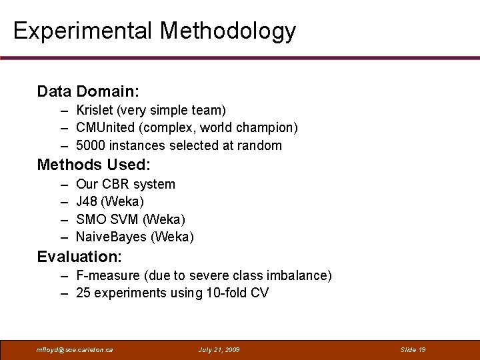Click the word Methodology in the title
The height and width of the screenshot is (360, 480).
click(228, 31)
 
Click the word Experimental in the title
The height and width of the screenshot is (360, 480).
click(83, 31)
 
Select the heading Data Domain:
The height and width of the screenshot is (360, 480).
click(88, 91)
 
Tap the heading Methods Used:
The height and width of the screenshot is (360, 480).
click(94, 165)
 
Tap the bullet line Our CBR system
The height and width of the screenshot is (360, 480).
click(125, 184)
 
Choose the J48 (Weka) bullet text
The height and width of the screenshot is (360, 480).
click(110, 201)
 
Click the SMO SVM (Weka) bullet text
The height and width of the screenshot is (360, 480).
click(131, 219)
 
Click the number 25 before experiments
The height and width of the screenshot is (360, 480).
click(83, 293)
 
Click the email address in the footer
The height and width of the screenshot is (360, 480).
click(75, 349)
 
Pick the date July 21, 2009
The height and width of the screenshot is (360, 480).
click(219, 349)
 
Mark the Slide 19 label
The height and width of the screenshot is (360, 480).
click(413, 349)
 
